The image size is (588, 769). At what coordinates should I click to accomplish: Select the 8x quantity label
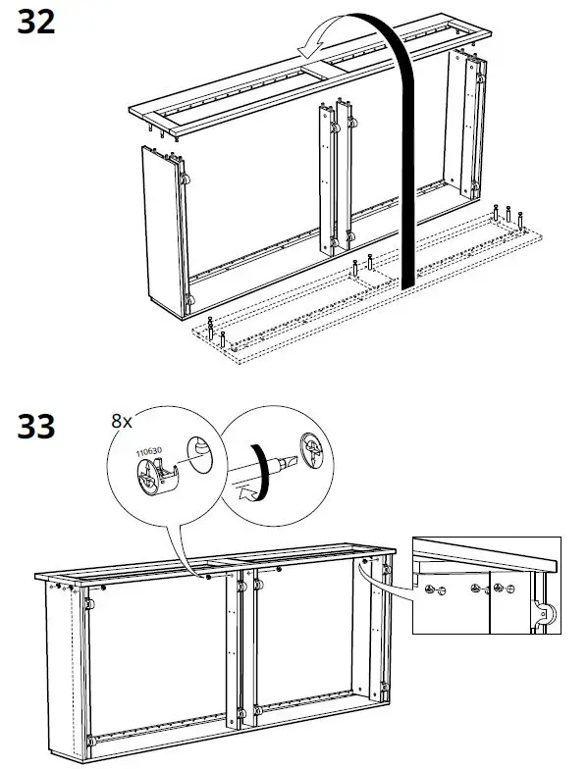(x=121, y=421)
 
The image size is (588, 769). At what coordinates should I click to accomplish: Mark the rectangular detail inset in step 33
(x=486, y=586)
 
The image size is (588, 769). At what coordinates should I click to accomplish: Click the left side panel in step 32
(x=163, y=231)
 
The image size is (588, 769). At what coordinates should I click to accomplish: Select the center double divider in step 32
(x=334, y=177)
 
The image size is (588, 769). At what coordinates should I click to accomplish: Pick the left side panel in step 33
(x=61, y=667)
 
